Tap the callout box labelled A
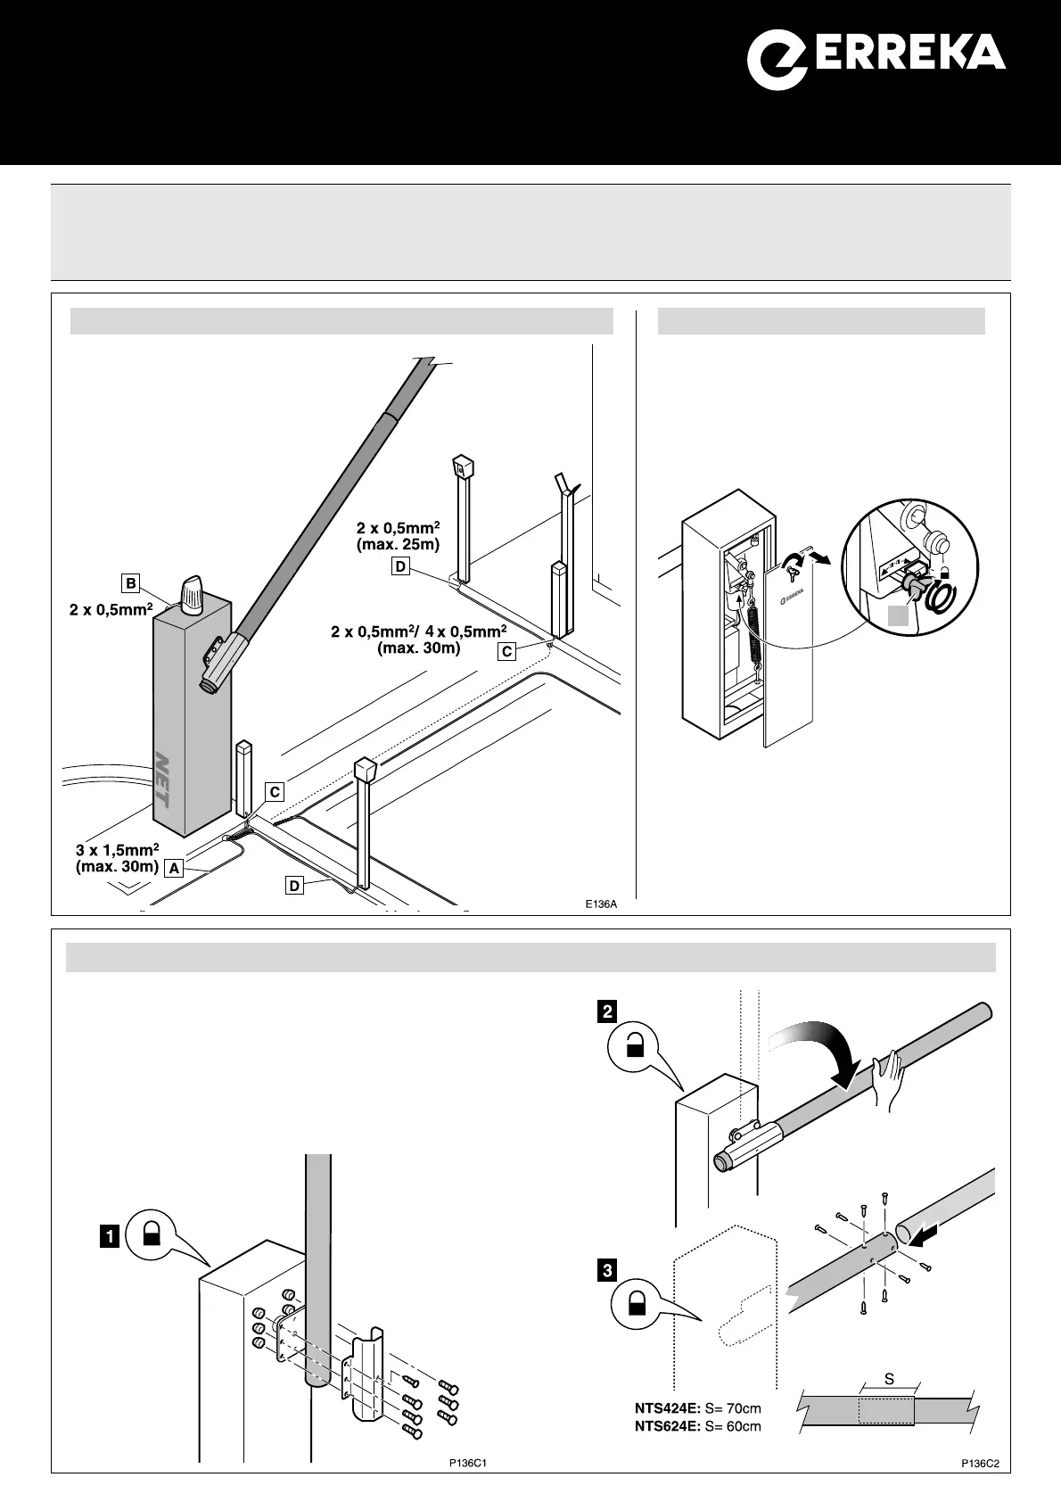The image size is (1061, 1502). pos(174,867)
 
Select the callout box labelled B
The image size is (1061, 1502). pos(131,583)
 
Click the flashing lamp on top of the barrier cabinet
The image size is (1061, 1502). pos(193,596)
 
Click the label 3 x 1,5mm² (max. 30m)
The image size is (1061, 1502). pos(117,857)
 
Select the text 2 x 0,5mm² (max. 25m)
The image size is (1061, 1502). pos(398,535)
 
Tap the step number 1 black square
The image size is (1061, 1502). pos(110,1237)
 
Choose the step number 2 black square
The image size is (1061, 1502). pos(608,1011)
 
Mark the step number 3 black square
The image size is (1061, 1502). pos(608,1270)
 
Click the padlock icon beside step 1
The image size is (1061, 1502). pos(152,1234)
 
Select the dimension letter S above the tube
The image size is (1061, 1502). pos(889,1379)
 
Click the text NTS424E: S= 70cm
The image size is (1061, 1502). pos(698,1408)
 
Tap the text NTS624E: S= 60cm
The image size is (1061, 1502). pos(698,1425)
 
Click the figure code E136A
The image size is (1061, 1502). pos(601,904)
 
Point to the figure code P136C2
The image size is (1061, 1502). pos(978,1464)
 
